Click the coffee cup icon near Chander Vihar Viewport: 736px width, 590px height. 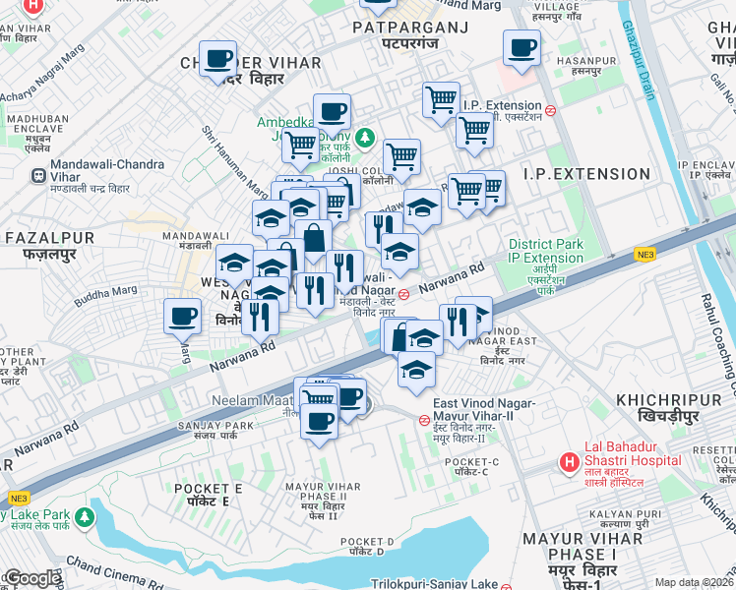216,59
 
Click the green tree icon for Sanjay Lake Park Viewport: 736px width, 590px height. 87,515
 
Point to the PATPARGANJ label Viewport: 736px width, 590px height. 411,28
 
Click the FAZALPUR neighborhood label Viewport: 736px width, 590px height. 49,238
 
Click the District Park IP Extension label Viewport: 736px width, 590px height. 546,251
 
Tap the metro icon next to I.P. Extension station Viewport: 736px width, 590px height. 552,111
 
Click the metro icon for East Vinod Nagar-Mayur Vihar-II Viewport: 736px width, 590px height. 424,420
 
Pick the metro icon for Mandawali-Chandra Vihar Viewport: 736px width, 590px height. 37,177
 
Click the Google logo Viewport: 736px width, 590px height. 32,579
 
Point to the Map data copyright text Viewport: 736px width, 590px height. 694,582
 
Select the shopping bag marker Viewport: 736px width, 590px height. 314,237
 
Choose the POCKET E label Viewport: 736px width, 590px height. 208,488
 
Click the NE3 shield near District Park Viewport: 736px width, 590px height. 644,254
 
